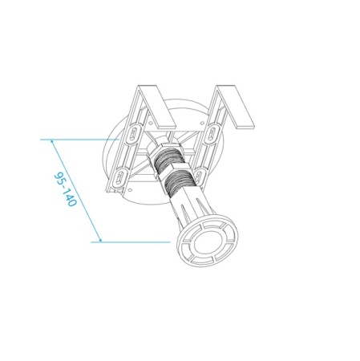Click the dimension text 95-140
65,189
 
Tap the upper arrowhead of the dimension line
52,141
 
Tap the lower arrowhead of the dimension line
99,238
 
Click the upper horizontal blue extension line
80,139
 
